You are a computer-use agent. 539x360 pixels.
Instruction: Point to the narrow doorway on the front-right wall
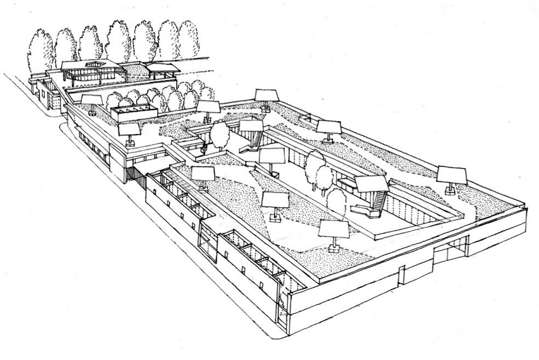(x=402, y=275)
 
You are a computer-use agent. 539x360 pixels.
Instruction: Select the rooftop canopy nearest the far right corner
(x=452, y=176)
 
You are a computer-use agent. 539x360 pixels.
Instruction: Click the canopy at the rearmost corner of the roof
(x=266, y=96)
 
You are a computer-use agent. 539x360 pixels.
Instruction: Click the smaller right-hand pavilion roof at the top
(x=162, y=69)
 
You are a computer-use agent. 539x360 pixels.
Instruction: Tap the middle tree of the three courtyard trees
(x=324, y=178)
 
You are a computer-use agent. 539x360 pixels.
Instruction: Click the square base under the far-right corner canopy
(x=450, y=191)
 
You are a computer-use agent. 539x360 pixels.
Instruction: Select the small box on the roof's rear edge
(x=305, y=117)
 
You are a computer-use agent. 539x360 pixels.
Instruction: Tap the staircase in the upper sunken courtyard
(x=251, y=143)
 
